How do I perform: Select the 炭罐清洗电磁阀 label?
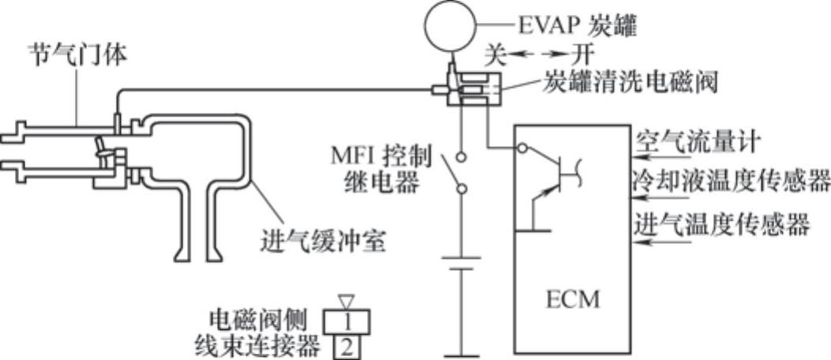[631, 83]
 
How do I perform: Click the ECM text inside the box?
[573, 300]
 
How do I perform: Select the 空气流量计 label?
[697, 143]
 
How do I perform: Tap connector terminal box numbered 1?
[346, 320]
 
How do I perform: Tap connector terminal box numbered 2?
[346, 346]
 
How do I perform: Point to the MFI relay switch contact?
[453, 169]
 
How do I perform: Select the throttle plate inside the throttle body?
[101, 151]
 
